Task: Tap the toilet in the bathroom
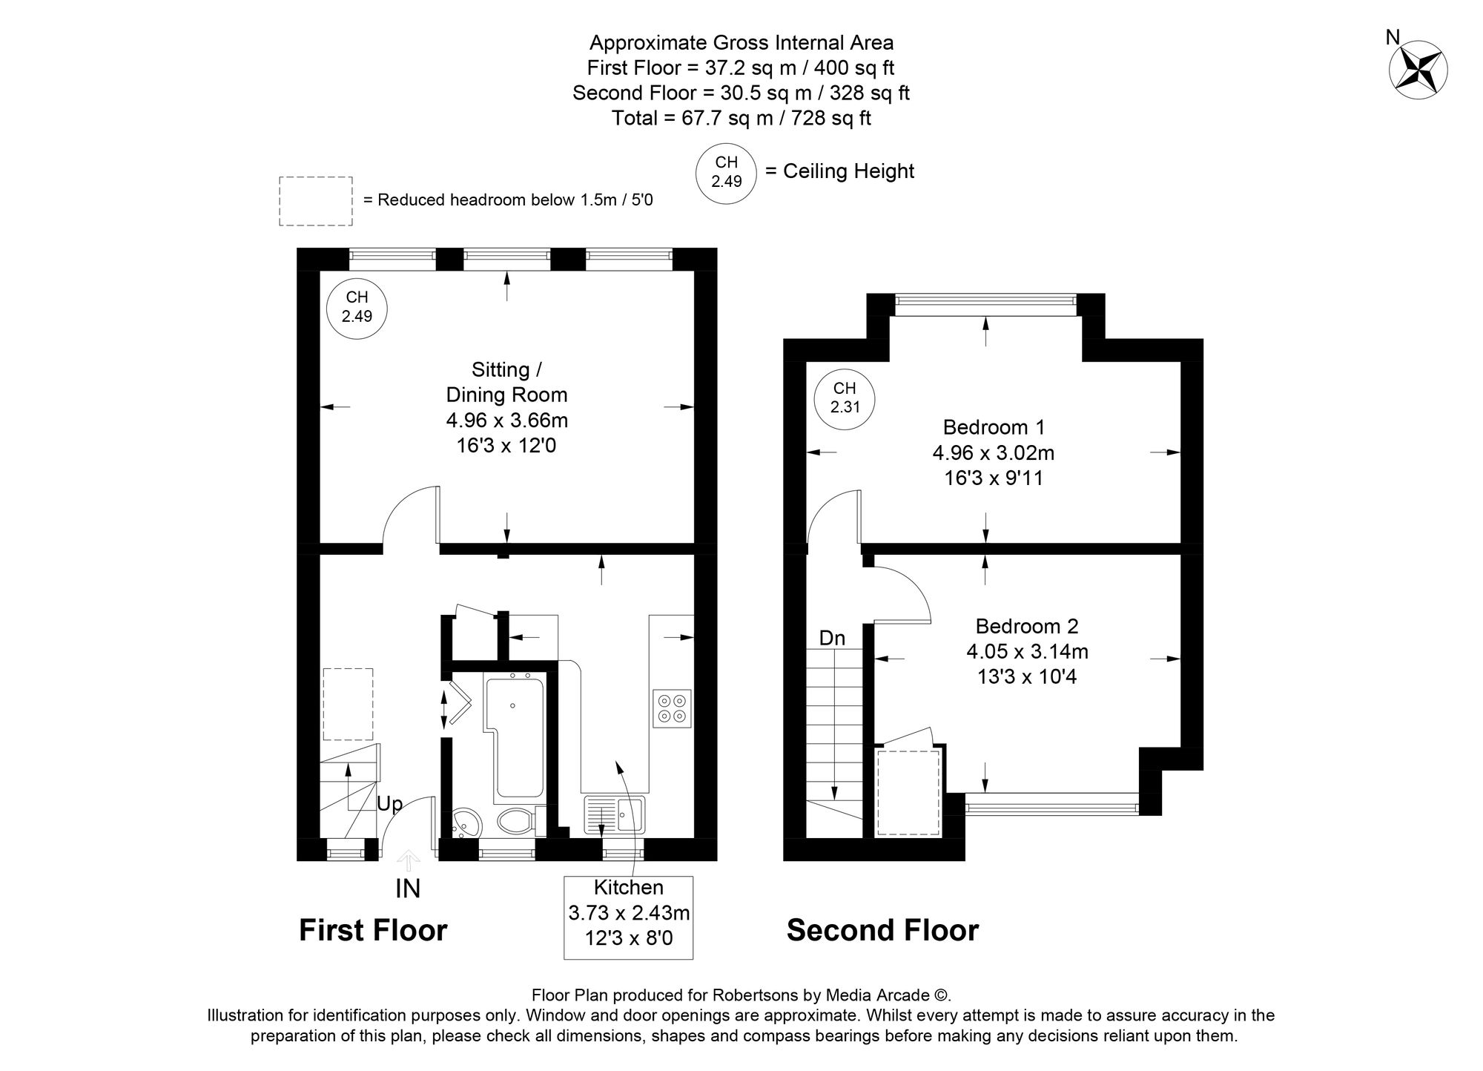515,821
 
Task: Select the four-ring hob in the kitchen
673,708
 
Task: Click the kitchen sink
615,814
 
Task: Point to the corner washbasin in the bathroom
466,823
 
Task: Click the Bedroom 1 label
994,427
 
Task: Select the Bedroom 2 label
1026,626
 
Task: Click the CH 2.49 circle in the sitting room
357,306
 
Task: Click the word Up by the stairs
390,804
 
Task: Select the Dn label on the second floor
832,638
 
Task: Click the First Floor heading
373,930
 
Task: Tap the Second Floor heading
882,930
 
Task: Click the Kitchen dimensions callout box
628,917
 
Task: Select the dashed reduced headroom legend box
315,201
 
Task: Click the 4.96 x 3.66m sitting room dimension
506,421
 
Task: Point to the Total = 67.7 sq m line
741,118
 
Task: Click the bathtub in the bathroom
515,734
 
